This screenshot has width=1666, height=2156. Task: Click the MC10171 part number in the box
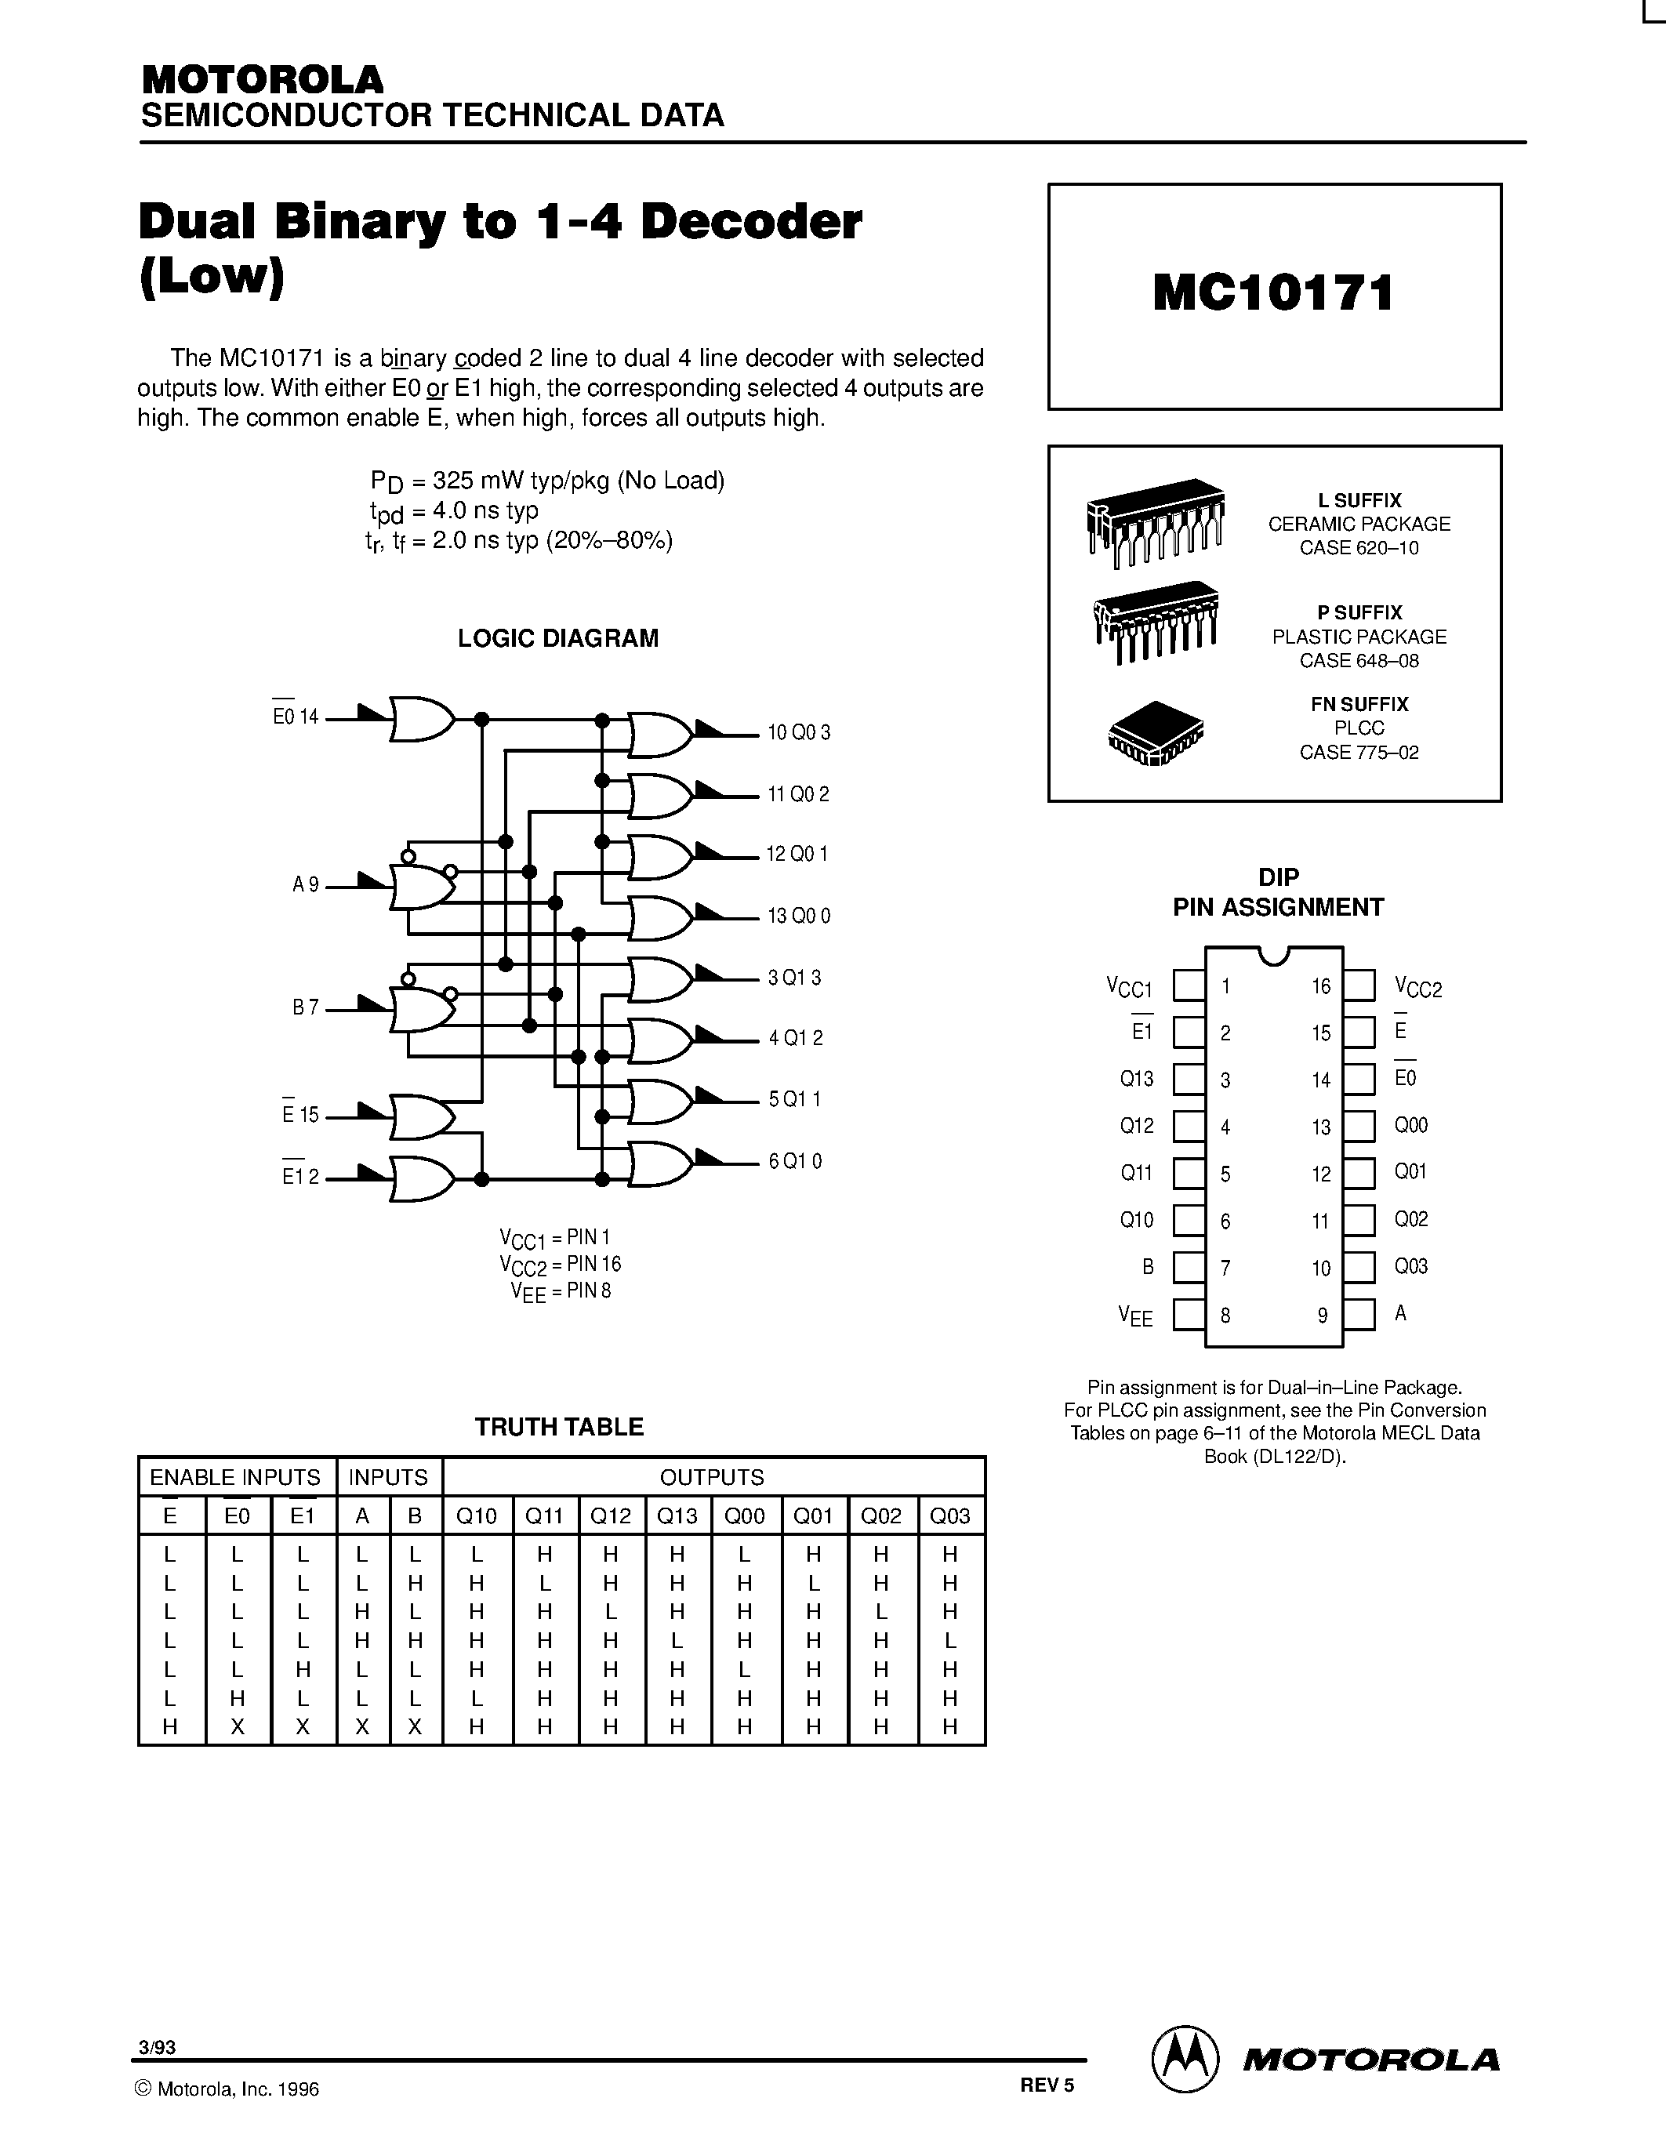1273,293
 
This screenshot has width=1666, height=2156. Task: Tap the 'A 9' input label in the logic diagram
305,885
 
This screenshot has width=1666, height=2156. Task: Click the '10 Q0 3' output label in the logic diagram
798,732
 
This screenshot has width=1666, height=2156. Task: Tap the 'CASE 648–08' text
1359,660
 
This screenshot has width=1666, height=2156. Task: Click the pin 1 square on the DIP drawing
1189,985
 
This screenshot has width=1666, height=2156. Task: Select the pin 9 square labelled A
1359,1315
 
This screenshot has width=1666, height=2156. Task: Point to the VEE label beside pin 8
1135,1316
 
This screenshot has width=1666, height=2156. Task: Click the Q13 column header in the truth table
677,1515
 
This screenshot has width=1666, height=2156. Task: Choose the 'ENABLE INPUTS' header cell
235,1477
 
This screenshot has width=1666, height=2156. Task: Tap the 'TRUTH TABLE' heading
559,1426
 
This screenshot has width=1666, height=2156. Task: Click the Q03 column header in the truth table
950,1515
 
